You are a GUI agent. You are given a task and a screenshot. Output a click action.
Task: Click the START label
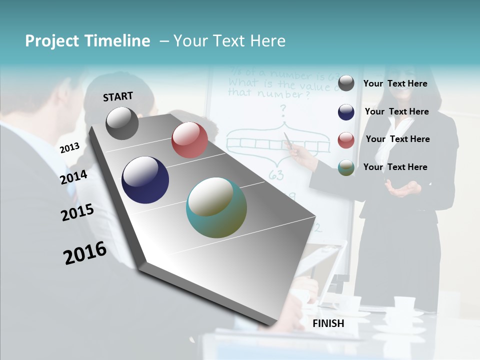pos(118,96)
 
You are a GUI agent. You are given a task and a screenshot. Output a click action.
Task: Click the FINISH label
pos(328,323)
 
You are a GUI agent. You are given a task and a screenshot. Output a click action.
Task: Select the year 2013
pos(70,147)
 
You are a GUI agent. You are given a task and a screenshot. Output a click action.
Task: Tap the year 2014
pos(74,177)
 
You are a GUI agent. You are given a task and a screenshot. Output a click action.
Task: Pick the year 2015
pos(77,212)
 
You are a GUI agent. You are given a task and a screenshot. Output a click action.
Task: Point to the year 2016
pos(85,253)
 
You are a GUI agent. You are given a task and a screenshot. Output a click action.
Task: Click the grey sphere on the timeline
pos(122,123)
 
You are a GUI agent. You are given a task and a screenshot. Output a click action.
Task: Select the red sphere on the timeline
pos(189,140)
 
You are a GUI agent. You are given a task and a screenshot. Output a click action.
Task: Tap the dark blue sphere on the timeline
pos(145,180)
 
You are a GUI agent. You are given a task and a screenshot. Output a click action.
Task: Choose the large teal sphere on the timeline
pos(216,207)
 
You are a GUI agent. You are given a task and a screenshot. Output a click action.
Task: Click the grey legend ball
pos(346,83)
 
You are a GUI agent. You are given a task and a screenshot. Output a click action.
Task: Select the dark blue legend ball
pos(346,112)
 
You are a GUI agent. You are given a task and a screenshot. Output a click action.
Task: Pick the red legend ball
pos(346,140)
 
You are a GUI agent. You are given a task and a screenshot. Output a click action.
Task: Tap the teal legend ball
pos(346,168)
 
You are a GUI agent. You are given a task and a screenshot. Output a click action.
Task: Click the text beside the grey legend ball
pos(395,83)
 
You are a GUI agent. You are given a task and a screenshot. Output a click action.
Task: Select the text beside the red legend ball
pos(397,139)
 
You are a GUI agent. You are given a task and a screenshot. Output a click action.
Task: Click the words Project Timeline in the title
pos(87,41)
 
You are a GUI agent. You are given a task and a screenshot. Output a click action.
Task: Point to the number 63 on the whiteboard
pos(276,174)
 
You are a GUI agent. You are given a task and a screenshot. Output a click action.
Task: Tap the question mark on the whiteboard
pos(283,108)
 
